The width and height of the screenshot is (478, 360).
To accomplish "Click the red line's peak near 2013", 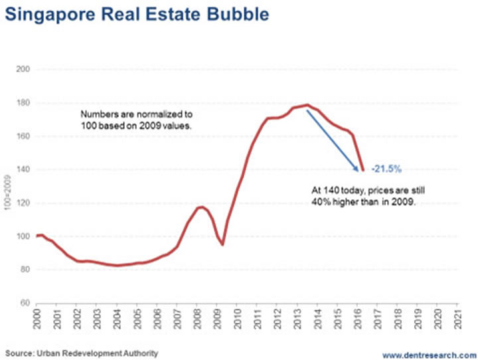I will pyautogui.click(x=307, y=105).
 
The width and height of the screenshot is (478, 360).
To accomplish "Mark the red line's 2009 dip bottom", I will pyautogui.click(x=222, y=244).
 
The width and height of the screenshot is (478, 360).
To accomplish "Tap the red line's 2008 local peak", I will pyautogui.click(x=200, y=207).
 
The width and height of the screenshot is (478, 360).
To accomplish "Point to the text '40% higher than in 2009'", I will pyautogui.click(x=366, y=203).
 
